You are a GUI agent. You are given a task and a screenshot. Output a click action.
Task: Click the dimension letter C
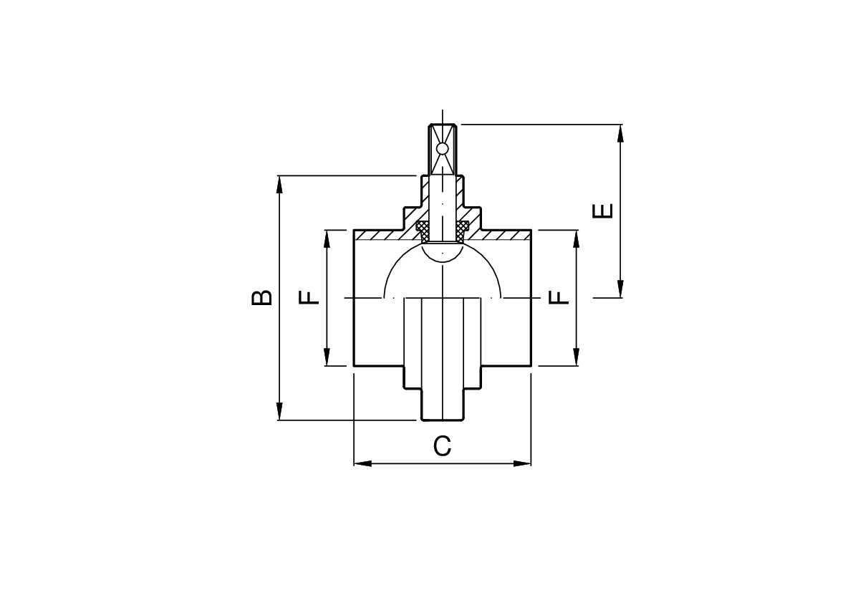pos(443,446)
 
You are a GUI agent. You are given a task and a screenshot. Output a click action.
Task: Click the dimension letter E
pos(603,211)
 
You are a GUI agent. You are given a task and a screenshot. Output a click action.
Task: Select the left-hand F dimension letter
pos(309,297)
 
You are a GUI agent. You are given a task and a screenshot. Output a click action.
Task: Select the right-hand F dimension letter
pos(559,297)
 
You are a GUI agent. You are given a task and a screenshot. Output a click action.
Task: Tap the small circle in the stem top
pos(443,148)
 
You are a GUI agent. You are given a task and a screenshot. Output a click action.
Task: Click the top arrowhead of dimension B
pos(279,185)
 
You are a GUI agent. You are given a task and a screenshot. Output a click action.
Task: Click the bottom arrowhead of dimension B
pos(279,411)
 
